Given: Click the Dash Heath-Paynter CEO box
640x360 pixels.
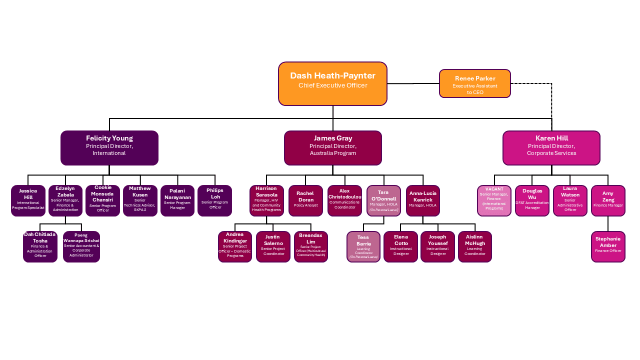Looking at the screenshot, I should pos(332,83).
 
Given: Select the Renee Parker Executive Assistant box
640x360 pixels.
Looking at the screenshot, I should pos(474,83).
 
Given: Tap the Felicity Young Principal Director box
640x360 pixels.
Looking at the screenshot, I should pos(109,147).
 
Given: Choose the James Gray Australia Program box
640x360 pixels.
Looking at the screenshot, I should pos(332,147).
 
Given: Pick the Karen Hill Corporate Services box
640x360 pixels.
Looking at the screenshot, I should pos(551,147).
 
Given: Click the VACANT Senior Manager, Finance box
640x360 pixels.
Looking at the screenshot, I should pos(494,200).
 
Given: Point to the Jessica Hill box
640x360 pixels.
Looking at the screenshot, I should pos(28,200).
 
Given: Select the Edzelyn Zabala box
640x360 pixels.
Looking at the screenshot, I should pos(65,200).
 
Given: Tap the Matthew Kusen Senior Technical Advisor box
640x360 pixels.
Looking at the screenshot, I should pos(140,200).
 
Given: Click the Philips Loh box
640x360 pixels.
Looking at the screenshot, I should pos(214,200).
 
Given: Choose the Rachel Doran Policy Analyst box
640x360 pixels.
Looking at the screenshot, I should pos(305,200).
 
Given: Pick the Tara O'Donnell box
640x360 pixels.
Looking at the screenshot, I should pos(383,200).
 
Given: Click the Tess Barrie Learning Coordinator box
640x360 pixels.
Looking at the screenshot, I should pos(363,246).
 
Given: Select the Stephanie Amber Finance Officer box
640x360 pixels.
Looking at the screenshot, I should pos(608,246).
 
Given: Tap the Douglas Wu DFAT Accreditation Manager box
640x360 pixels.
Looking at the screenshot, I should pos(532,200).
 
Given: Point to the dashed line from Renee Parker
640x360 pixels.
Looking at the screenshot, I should pos(551,100).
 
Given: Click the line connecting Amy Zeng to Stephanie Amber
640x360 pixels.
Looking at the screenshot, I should pos(608,223).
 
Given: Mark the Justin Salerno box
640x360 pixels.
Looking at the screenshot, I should pos(273,246).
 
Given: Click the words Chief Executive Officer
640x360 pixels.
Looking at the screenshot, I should pos(332,85).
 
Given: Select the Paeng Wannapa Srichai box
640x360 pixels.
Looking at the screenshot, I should pos(81,246).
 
